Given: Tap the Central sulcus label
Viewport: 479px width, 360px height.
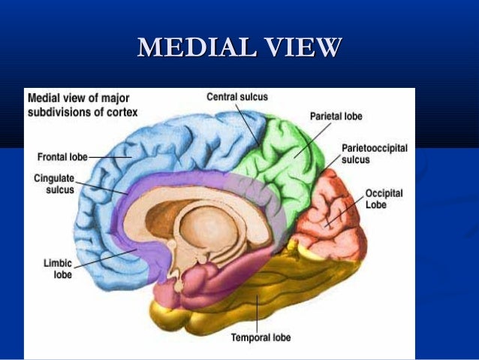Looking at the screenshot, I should [x=236, y=97].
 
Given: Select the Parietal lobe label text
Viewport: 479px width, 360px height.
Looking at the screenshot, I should [x=336, y=116].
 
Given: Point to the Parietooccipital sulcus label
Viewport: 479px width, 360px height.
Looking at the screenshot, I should [x=374, y=154].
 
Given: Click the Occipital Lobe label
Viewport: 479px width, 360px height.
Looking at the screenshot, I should [x=384, y=198].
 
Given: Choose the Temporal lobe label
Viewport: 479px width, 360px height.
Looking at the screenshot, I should [x=261, y=338].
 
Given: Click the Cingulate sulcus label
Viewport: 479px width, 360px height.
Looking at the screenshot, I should [x=54, y=184].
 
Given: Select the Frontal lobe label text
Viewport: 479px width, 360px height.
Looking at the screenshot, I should [x=62, y=157].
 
